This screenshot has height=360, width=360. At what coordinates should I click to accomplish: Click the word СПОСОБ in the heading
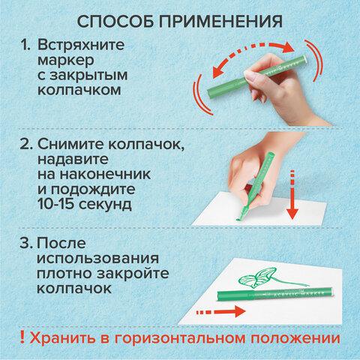tap(115, 21)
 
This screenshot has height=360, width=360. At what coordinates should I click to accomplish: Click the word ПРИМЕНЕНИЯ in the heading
tap(221, 21)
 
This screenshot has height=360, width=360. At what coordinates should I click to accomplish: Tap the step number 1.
tap(25, 45)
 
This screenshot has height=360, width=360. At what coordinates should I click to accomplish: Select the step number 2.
tap(26, 144)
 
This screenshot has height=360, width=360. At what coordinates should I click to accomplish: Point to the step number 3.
tap(26, 243)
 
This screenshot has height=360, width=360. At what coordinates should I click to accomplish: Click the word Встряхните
tap(81, 46)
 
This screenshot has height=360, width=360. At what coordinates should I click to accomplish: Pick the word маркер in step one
tap(66, 61)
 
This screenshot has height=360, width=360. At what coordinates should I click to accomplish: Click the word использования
tap(97, 259)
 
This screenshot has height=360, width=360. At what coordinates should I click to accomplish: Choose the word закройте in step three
tap(133, 274)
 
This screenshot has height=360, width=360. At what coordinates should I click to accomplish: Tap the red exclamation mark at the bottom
tap(22, 337)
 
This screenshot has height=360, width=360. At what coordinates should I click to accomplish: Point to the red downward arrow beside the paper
tap(292, 195)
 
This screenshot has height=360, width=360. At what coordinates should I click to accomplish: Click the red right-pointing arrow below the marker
tap(220, 312)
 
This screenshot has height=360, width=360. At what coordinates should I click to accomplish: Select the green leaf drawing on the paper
tap(257, 277)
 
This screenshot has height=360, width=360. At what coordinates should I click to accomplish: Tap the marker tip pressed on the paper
tap(239, 219)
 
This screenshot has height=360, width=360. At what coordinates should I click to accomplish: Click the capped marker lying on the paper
tap(275, 294)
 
